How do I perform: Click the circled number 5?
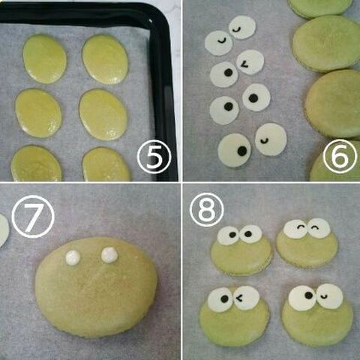154,157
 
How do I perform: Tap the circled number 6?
340,156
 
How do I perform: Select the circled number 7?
33,217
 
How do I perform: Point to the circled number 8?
207,209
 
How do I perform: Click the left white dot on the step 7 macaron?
73,258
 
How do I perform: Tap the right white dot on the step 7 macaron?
109,255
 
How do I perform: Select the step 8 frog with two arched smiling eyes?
307,242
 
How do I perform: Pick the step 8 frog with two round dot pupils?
241,250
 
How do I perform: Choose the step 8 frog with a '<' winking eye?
235,316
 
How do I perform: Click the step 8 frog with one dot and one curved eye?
317,314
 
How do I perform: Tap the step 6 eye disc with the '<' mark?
250,62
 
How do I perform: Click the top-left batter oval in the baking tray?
45,59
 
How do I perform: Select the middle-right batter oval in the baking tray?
103,115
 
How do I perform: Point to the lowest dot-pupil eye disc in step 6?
235,150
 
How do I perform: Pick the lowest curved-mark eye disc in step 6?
271,139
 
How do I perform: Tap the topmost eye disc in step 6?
242,27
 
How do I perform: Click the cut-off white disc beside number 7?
4,231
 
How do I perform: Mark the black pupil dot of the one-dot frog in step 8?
309,295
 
